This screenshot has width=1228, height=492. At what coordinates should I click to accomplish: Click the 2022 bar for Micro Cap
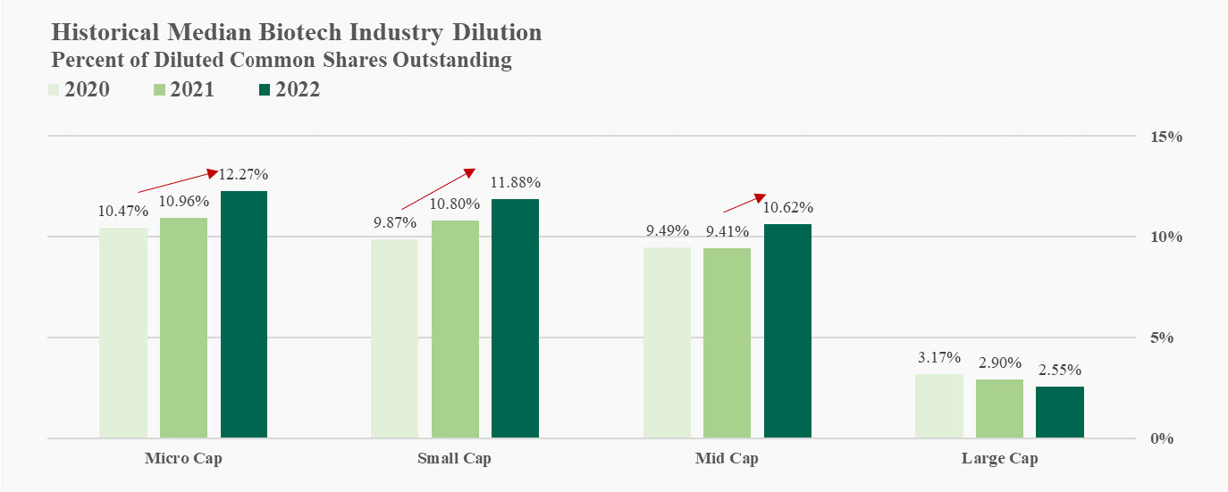244,314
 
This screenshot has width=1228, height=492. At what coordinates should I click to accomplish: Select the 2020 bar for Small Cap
394,338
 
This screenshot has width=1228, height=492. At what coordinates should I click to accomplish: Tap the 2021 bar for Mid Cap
727,343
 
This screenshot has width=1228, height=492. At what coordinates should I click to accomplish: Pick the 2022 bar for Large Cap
1060,412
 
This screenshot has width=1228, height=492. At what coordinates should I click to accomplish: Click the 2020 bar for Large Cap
938,406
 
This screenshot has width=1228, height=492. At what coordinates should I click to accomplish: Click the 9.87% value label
395,222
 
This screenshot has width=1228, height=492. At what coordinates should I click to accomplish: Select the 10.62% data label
788,208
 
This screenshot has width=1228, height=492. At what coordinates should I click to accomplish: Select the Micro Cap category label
183,460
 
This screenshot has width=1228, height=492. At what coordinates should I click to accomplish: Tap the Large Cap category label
1000,460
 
